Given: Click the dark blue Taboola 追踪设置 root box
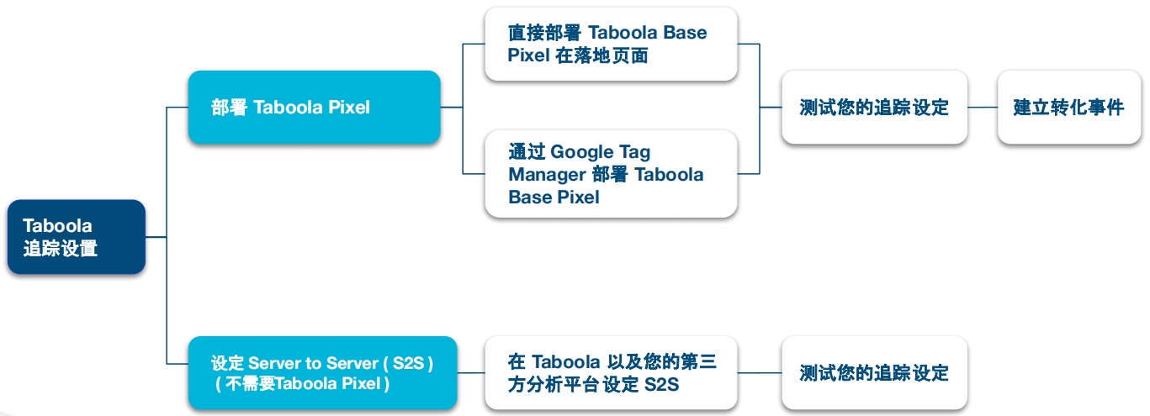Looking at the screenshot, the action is (x=77, y=237).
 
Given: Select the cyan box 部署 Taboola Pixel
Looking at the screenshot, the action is (x=314, y=108).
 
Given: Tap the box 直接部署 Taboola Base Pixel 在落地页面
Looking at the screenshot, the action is (x=611, y=44).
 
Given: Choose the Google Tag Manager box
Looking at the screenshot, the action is (x=611, y=174).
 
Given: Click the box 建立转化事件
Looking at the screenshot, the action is (x=1069, y=108).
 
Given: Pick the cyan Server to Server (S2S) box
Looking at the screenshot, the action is (x=322, y=373).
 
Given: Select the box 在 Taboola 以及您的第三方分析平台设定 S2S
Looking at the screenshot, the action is (x=611, y=373).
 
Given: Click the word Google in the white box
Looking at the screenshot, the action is (x=581, y=152).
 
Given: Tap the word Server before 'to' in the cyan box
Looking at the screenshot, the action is (x=278, y=363).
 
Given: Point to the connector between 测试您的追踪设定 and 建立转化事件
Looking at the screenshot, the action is (x=983, y=108).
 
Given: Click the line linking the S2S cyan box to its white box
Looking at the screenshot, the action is (x=471, y=373).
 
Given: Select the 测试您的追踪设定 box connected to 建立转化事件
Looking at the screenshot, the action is (x=874, y=108).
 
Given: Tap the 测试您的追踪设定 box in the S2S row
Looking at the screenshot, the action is (x=874, y=373).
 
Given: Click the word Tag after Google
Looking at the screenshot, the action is (x=635, y=152).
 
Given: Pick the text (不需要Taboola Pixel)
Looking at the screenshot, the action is (x=302, y=384).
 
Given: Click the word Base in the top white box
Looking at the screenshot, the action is (x=685, y=32).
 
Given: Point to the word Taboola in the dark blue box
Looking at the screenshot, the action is (x=57, y=226).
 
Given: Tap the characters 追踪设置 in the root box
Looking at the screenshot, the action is (x=60, y=248).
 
